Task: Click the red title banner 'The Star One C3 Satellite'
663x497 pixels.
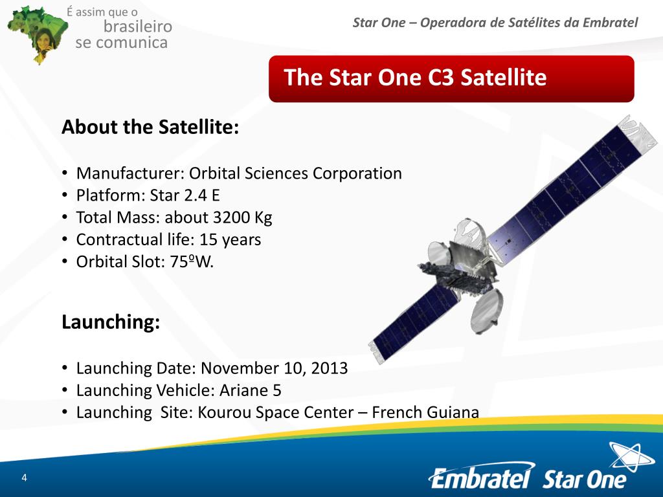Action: [x=451, y=78]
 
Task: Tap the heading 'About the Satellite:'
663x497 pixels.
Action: [x=150, y=127]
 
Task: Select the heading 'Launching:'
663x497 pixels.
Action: [x=111, y=322]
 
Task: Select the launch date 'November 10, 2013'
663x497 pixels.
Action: [x=275, y=368]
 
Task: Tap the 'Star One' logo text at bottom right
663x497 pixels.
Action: [x=584, y=479]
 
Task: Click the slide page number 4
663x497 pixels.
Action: [x=24, y=478]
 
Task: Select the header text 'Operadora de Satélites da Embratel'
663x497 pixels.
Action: [x=529, y=23]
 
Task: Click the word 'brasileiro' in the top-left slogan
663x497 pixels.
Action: [x=138, y=27]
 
